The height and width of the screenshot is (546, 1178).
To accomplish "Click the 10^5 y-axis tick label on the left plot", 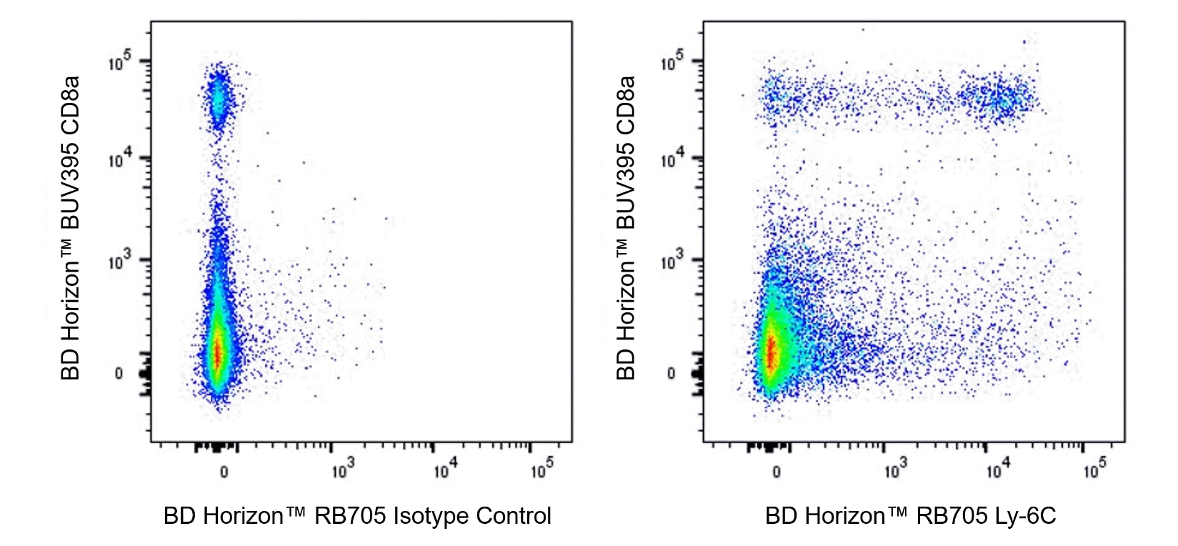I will point(119,63).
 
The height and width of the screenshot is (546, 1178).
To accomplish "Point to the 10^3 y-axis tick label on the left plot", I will point(119,262).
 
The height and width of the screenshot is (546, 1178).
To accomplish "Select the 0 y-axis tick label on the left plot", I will point(119,373).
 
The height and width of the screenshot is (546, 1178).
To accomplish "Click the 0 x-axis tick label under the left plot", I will point(224,472).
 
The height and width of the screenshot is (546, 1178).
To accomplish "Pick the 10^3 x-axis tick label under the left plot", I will point(343,470).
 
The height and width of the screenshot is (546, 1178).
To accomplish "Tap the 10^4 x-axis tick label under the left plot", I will point(445,470).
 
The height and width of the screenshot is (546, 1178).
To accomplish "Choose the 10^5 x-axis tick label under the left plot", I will point(541,470).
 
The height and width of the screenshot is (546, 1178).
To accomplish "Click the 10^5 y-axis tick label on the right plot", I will point(672,63).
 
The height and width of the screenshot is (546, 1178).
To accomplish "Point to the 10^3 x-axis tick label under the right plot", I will point(896,470).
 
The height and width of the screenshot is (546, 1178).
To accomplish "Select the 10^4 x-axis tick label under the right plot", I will point(998,470).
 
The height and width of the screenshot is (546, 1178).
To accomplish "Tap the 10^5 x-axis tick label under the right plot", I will point(1094,470).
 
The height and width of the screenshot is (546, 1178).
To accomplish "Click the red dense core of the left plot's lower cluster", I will point(219,352).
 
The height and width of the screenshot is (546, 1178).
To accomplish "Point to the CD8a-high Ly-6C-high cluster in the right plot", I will point(999,98).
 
